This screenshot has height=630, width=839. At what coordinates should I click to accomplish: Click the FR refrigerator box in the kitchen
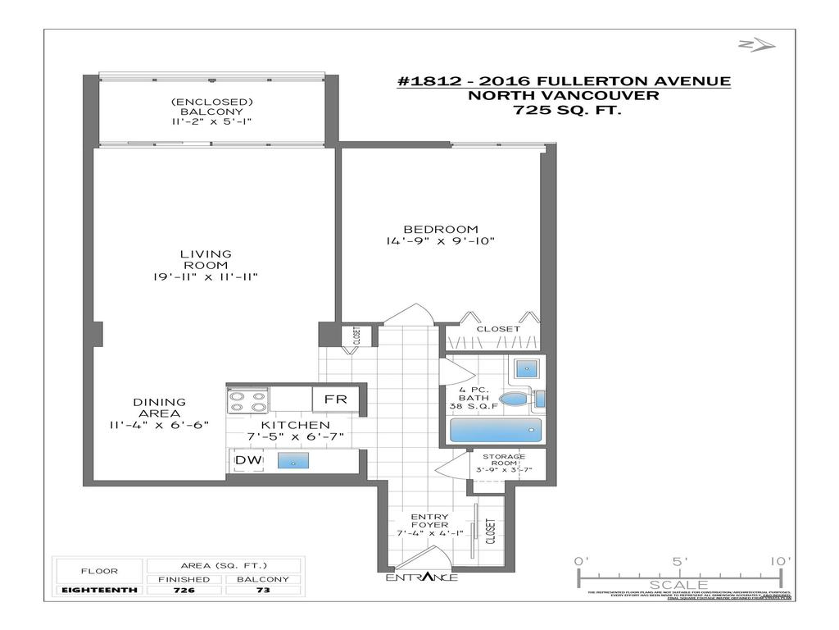(336, 399)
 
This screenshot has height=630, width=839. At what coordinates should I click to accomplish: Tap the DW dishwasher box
(248, 461)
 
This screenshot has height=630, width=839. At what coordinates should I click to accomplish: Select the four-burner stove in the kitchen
(248, 400)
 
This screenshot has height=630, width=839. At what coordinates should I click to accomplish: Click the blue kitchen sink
(293, 462)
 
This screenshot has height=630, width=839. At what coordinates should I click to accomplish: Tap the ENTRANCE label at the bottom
(422, 577)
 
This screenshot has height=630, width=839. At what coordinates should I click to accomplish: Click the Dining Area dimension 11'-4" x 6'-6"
(160, 425)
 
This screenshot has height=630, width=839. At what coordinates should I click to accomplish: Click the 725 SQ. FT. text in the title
(564, 110)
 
